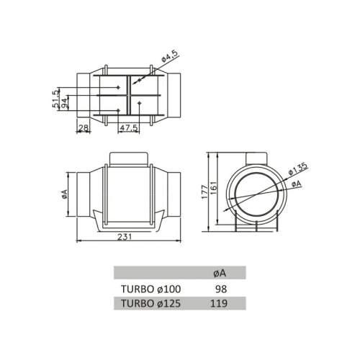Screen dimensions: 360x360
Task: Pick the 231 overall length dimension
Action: point(126,235)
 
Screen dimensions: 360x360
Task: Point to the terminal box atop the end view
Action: point(257,158)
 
